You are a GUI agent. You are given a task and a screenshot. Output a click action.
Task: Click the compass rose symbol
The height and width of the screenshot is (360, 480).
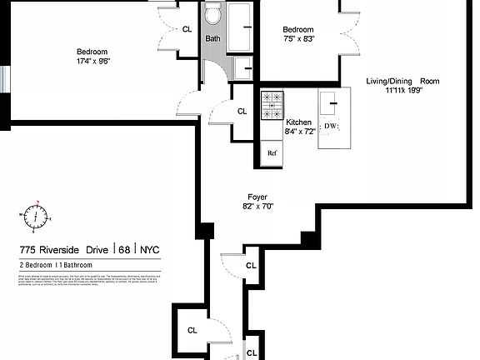[x=37, y=217]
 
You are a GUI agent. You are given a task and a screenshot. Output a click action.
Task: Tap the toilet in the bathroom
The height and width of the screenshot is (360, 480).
[x=212, y=13]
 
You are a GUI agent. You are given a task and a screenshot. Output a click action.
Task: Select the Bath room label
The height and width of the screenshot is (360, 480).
[x=213, y=37]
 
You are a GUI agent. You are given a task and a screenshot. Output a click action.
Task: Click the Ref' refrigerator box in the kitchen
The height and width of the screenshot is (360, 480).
[x=272, y=153]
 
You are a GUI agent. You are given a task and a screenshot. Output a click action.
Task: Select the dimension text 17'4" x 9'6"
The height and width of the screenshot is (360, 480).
[x=93, y=60]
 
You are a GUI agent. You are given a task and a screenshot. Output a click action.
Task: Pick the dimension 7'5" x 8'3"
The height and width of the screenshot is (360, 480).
[x=297, y=38]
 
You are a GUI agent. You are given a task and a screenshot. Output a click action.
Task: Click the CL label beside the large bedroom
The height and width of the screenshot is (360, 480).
[x=187, y=29]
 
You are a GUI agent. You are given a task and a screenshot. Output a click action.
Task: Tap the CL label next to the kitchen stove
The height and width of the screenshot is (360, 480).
[x=242, y=111]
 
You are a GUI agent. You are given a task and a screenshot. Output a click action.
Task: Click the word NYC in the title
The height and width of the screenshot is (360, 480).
[x=150, y=249]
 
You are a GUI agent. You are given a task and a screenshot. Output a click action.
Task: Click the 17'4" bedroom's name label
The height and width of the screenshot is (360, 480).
[x=93, y=50]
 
